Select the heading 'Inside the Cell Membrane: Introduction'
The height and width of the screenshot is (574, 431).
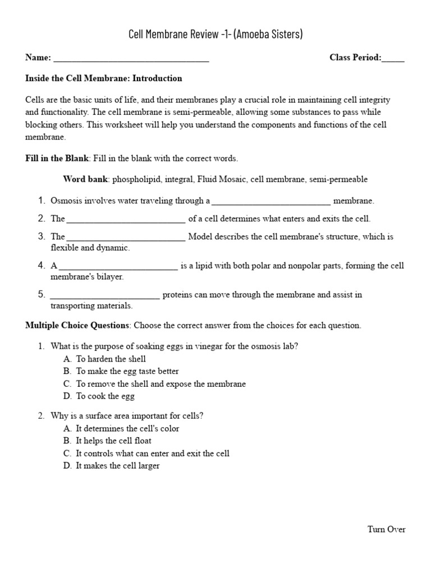[104, 78]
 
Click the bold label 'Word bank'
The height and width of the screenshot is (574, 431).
[85, 179]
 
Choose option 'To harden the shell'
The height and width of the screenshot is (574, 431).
[111, 359]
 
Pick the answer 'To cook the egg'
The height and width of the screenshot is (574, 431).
[106, 396]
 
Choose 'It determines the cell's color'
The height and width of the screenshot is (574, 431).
[128, 428]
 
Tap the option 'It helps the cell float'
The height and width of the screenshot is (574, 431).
[114, 441]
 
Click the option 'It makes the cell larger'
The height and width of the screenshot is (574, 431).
[118, 465]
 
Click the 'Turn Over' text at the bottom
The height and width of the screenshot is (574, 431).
[386, 529]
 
